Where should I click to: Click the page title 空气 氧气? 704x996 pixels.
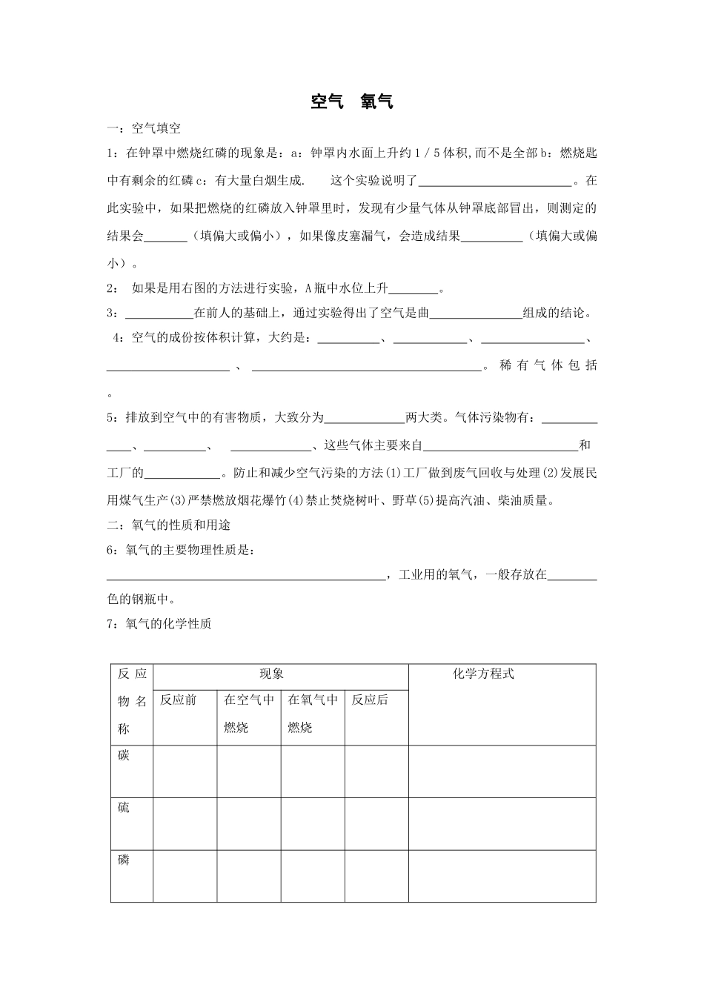click(351, 102)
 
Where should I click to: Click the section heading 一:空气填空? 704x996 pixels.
click(144, 128)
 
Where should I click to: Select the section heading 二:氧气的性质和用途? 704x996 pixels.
click(173, 525)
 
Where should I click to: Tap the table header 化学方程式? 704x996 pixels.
click(483, 674)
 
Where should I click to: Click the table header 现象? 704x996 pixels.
click(271, 674)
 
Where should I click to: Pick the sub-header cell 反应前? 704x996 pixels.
click(178, 700)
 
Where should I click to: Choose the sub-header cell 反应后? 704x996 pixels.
click(369, 700)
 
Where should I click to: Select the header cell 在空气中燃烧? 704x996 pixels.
click(248, 713)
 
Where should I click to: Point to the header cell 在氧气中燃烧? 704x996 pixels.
click(312, 713)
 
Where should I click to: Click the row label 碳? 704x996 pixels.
click(124, 755)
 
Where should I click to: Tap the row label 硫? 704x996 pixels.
click(124, 808)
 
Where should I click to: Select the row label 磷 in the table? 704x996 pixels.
click(124, 860)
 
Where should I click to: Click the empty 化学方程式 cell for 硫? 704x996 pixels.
click(502, 823)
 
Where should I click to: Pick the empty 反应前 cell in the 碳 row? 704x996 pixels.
click(185, 771)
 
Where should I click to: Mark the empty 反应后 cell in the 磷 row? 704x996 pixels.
click(376, 876)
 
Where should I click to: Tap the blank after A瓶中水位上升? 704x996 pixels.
click(414, 290)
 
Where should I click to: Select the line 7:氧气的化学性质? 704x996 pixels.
click(159, 624)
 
